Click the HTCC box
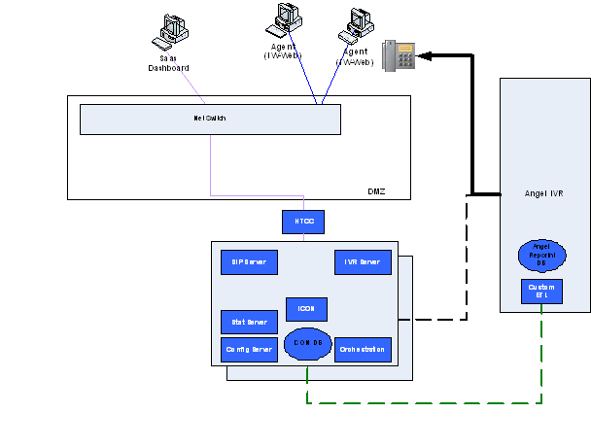[303, 222]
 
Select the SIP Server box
[249, 262]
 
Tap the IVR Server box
[363, 262]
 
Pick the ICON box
[306, 309]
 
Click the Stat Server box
[249, 322]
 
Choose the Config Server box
[249, 349]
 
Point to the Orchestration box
[363, 349]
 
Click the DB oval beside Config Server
[308, 344]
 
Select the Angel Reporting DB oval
[541, 257]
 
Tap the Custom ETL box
[541, 292]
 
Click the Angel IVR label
[543, 194]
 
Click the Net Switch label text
[210, 119]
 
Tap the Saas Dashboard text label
[168, 63]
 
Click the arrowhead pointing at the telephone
[427, 56]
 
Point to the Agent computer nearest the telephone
[356, 27]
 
